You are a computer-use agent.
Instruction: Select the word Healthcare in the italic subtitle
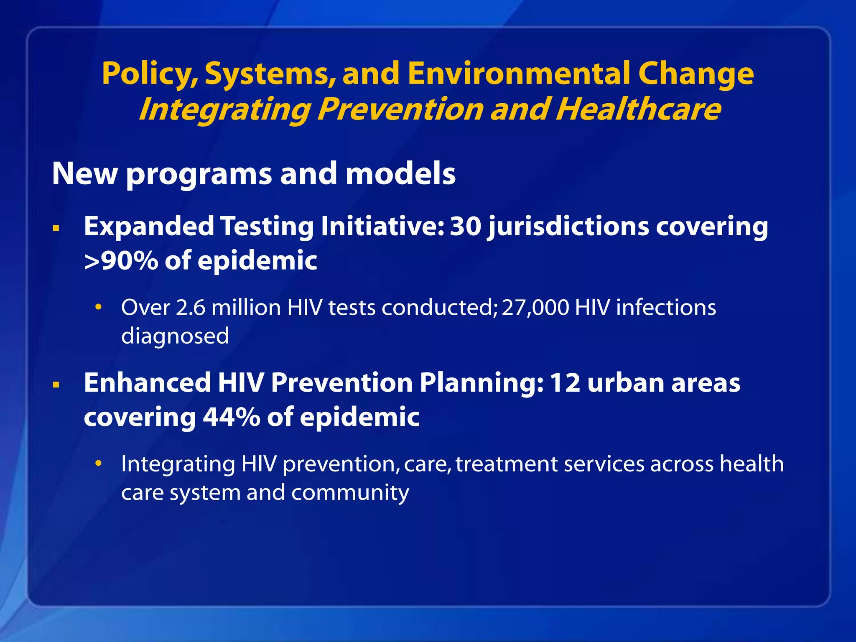tap(638, 110)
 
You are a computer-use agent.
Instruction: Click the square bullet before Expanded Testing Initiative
tap(56, 229)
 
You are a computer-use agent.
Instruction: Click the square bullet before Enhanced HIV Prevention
tap(56, 385)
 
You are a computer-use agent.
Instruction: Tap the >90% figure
tap(121, 261)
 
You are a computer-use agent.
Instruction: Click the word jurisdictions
tap(568, 227)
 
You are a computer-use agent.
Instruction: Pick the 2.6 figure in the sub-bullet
tap(191, 308)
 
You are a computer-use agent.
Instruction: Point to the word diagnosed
tap(175, 336)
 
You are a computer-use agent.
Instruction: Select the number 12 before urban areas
tap(565, 383)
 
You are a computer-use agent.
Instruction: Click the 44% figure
tap(232, 417)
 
